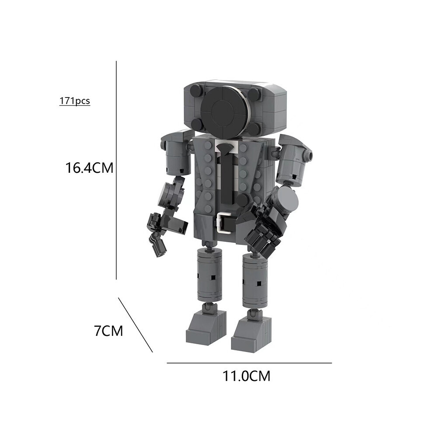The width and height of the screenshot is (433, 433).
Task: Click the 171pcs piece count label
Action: [74, 101]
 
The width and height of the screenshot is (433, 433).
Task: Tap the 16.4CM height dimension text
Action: [89, 168]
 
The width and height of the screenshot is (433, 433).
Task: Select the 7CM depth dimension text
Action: [108, 331]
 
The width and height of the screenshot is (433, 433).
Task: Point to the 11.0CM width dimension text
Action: [246, 376]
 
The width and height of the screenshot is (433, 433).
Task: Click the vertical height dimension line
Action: [116, 170]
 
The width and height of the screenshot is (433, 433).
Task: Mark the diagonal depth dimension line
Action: [135, 325]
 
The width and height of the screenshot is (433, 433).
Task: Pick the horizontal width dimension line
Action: [249, 363]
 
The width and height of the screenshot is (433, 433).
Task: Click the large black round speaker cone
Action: [224, 108]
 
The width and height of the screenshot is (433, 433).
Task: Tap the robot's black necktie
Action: [227, 172]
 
